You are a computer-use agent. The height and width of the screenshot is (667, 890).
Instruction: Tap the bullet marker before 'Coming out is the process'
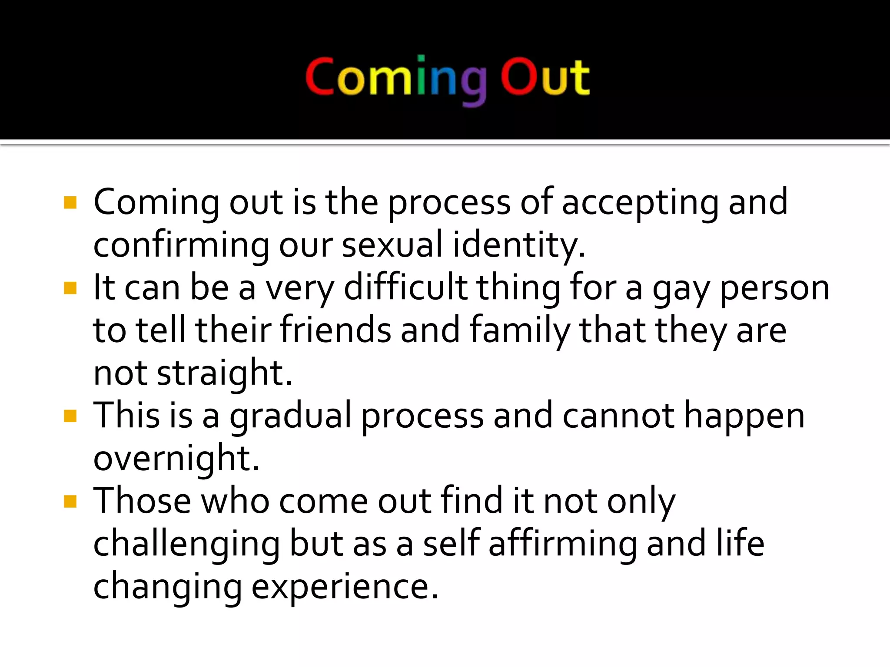point(70,203)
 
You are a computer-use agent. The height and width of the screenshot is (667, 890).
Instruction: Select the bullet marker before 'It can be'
point(70,288)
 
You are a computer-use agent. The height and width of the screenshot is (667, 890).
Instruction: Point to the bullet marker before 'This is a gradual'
point(70,416)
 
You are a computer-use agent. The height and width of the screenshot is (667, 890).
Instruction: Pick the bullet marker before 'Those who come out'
point(70,502)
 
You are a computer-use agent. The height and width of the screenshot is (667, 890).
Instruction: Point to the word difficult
point(405,288)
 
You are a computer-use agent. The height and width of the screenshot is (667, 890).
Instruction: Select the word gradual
point(290,416)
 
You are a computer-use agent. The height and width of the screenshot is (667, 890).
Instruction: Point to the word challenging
point(186,545)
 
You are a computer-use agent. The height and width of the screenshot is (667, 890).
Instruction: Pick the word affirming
point(562,545)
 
